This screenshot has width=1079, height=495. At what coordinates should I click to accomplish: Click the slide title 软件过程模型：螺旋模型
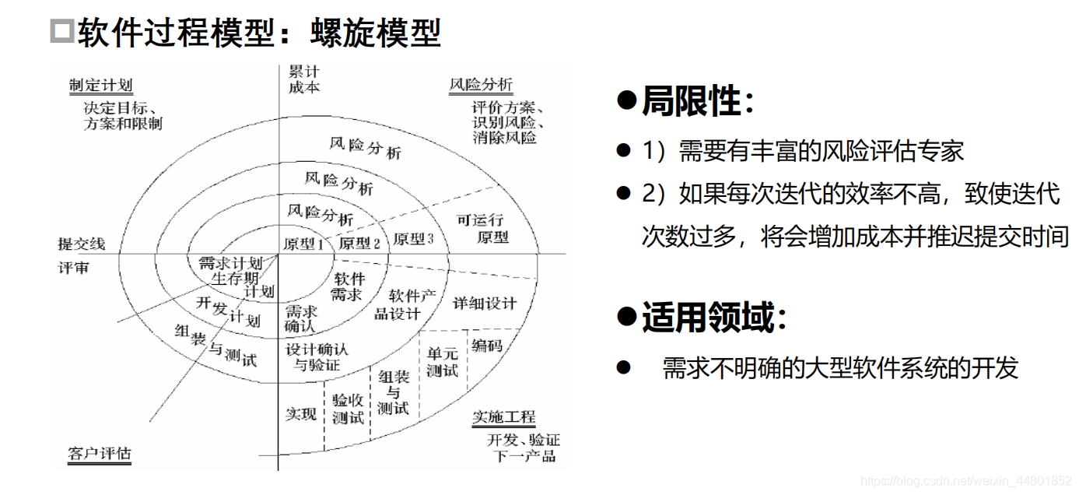[x=258, y=32]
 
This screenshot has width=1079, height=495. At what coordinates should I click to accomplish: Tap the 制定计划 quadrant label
[x=100, y=86]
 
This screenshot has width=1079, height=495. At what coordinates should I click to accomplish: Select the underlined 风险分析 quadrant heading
[x=481, y=85]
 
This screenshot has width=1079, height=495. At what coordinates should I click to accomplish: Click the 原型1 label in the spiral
[x=303, y=244]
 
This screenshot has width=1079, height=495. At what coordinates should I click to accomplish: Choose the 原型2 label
[x=359, y=243]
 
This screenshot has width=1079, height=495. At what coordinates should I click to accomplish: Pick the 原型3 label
[x=412, y=238]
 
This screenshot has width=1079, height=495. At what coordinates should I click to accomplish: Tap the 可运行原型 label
[x=481, y=228]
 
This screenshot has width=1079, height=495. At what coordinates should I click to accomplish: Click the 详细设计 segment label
[x=485, y=303]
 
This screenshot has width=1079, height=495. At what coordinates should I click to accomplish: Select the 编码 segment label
[x=487, y=345]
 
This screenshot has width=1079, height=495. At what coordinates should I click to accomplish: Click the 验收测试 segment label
[x=348, y=409]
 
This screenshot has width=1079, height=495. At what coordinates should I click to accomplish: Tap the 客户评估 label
[x=99, y=453]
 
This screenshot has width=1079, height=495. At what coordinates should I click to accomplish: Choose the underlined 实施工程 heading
[x=503, y=418]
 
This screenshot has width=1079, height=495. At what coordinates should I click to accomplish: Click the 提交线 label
[x=82, y=244]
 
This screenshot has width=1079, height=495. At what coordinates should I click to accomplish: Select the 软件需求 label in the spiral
[x=347, y=286]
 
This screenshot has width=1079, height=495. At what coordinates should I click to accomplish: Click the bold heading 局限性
[x=689, y=101]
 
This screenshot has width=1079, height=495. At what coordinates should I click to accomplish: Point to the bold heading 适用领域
[x=706, y=318]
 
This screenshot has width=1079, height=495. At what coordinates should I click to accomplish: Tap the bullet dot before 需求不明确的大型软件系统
[x=622, y=367]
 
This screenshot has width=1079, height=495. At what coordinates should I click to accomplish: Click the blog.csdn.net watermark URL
[x=967, y=481]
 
